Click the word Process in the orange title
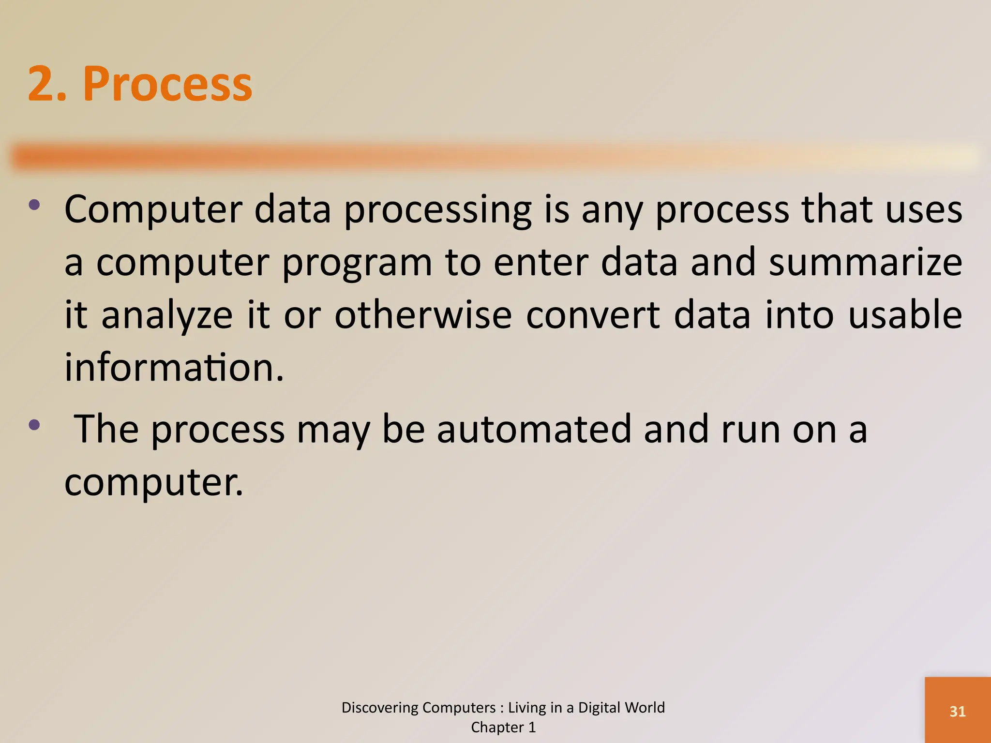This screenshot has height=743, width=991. (167, 84)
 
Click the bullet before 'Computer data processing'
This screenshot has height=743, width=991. (34, 205)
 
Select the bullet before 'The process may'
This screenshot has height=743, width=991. (34, 425)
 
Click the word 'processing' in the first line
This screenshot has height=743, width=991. (437, 211)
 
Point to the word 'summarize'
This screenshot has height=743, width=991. (865, 262)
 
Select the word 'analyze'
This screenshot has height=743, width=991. (167, 316)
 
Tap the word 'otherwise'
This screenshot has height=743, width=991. (423, 315)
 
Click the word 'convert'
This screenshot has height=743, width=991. (593, 315)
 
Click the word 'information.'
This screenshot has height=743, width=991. (174, 367)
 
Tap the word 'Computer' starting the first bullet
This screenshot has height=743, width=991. (153, 211)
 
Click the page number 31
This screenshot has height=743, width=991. (957, 711)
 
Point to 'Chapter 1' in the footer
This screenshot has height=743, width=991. (503, 727)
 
